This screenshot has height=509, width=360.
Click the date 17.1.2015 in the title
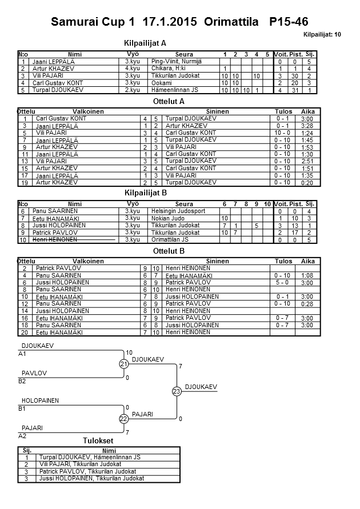[167, 22]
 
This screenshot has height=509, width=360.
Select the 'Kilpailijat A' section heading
[145, 43]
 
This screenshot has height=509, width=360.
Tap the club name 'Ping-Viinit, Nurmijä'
[177, 61]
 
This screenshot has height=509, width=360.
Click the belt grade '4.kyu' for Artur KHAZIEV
[132, 68]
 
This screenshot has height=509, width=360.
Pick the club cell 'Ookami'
[161, 83]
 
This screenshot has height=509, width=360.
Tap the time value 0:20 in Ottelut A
[307, 183]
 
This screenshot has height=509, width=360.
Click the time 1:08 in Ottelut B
[307, 275]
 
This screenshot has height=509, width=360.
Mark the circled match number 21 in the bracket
[123, 364]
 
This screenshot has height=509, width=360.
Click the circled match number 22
[123, 419]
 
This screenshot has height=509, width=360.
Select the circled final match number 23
[176, 391]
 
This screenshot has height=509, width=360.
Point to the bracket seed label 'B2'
[22, 380]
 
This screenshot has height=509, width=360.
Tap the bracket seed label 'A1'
[22, 354]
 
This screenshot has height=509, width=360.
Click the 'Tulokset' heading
[98, 441]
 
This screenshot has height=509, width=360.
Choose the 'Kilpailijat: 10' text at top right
[323, 35]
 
